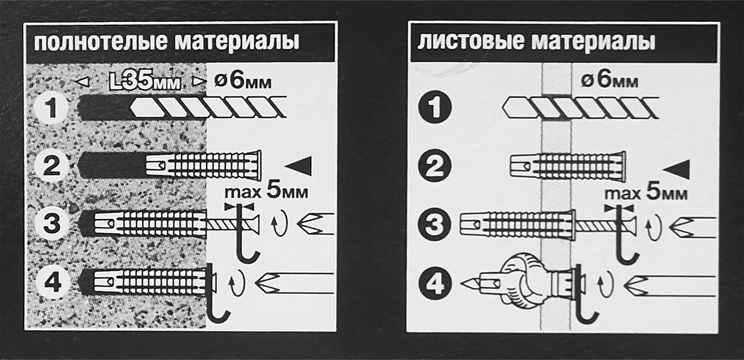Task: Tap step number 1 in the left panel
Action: pyautogui.click(x=51, y=108)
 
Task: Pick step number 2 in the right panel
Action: pyautogui.click(x=434, y=166)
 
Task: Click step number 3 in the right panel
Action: pyautogui.click(x=434, y=224)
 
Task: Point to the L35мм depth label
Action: pyautogui.click(x=145, y=82)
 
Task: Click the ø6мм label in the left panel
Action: pyautogui.click(x=243, y=81)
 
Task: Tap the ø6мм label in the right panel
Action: pyautogui.click(x=609, y=80)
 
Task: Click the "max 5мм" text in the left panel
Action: pyautogui.click(x=266, y=192)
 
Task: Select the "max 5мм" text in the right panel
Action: pyautogui.click(x=645, y=193)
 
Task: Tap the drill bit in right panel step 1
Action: pyautogui.click(x=580, y=108)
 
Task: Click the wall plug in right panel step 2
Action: pyautogui.click(x=567, y=166)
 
